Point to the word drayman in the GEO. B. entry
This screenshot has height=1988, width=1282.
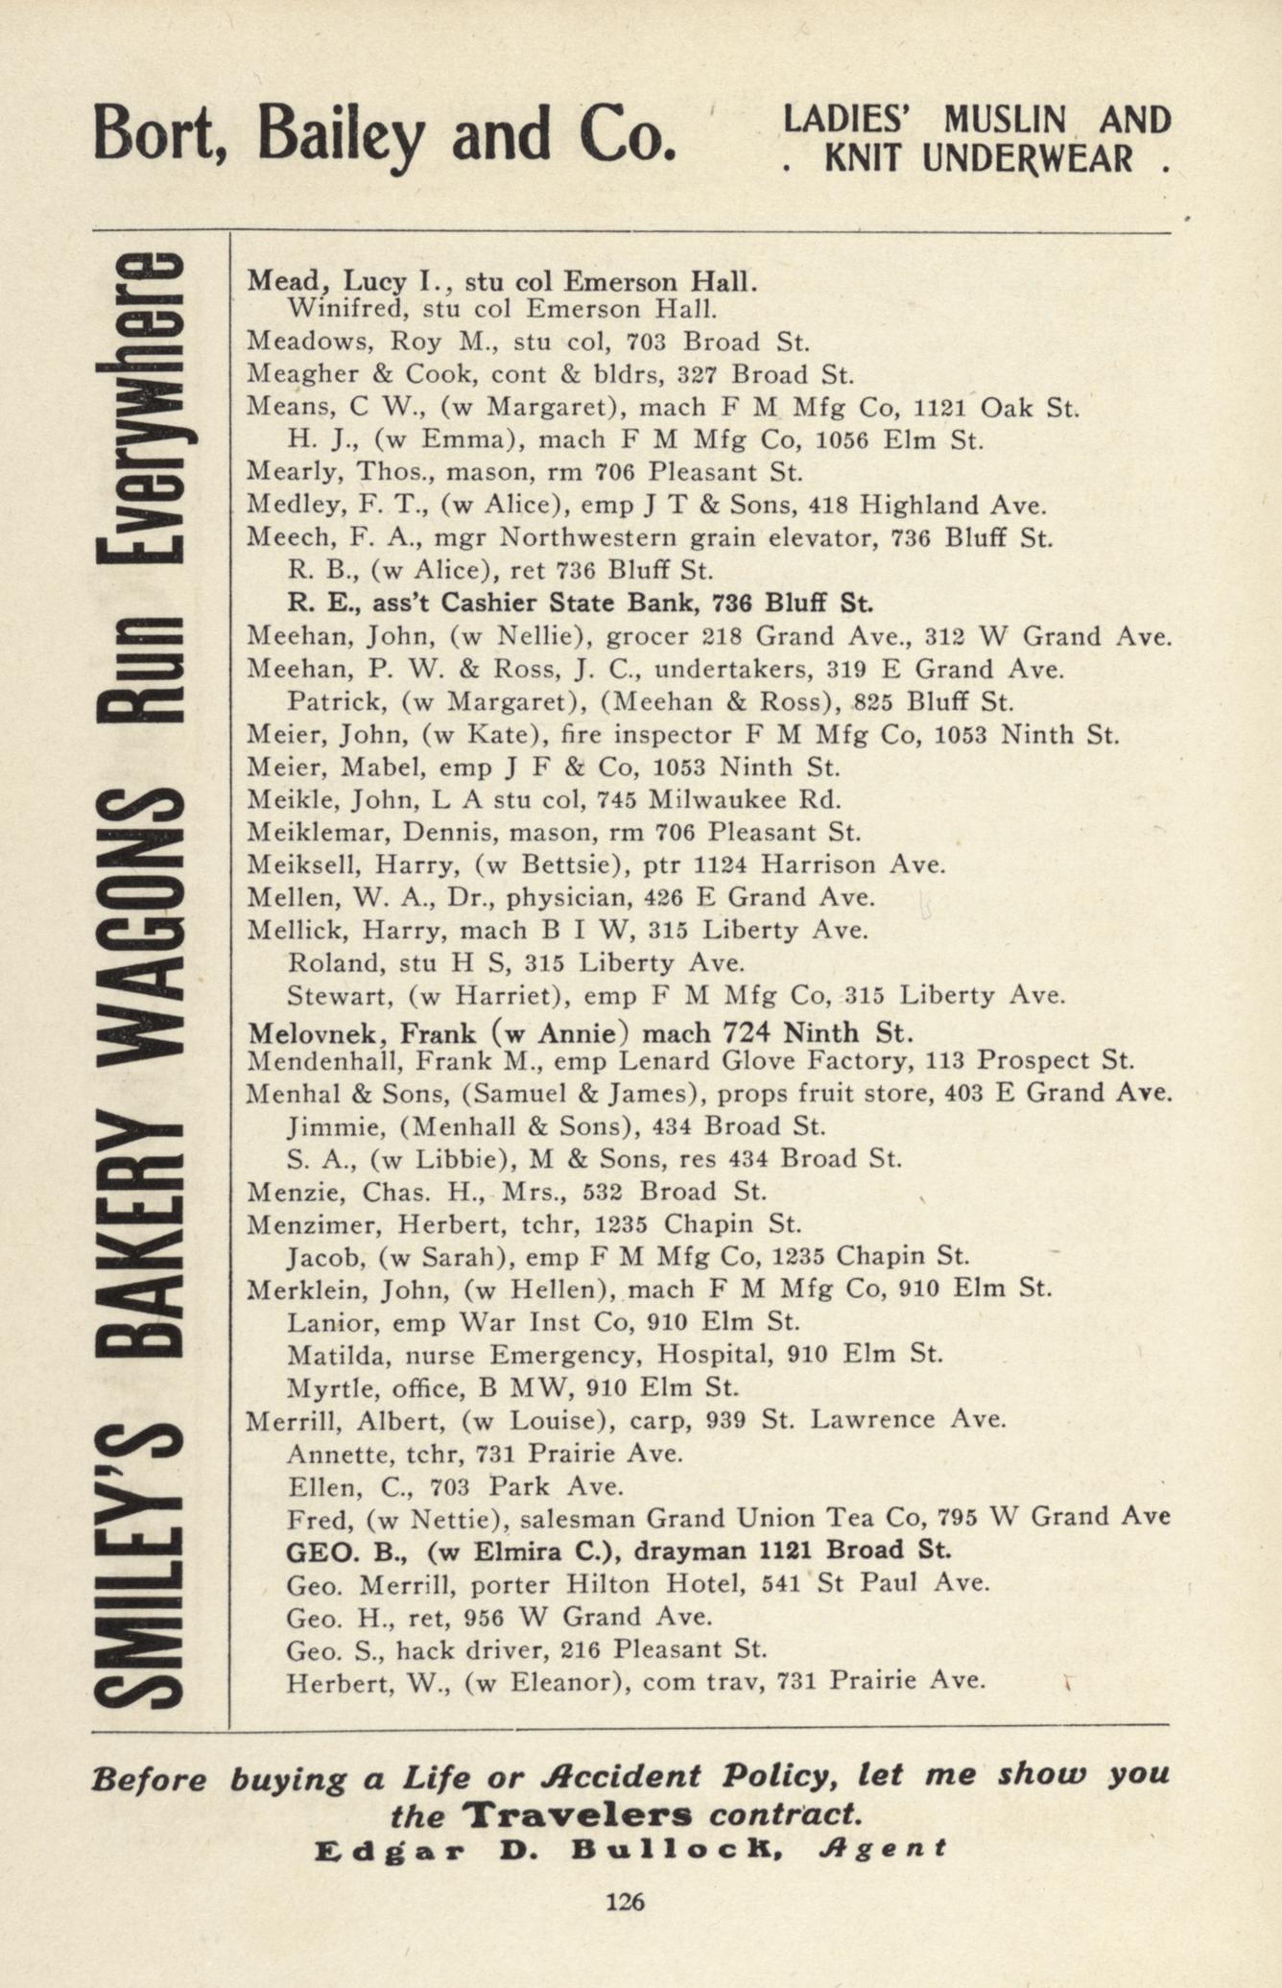(701, 1550)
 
